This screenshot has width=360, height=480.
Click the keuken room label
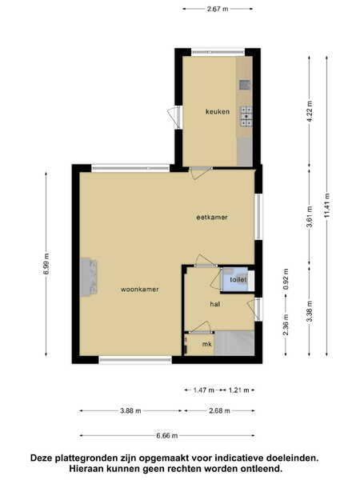[x=218, y=112]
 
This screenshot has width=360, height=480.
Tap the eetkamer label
[x=212, y=218]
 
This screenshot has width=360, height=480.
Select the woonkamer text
[x=139, y=290]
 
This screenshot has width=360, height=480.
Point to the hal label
[x=215, y=304]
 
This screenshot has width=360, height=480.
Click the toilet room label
[x=238, y=279]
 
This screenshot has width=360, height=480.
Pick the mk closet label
[x=207, y=344]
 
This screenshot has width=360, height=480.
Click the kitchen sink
[x=245, y=85]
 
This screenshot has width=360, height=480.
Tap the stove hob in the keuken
[x=246, y=117]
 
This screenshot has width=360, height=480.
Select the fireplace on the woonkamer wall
[x=89, y=277]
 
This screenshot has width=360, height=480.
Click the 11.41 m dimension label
[x=327, y=206]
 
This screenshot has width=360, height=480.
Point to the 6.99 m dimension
[x=46, y=263]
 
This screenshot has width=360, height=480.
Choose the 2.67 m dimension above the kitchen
[x=218, y=9]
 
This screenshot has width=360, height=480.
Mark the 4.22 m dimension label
[x=310, y=111]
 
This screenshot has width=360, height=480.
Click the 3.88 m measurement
[x=130, y=411]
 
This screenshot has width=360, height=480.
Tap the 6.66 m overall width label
[x=167, y=436]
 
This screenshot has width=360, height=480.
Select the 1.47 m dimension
[x=204, y=390]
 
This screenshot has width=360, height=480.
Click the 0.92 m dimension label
[x=286, y=279]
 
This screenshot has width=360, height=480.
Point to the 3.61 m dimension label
[x=310, y=217]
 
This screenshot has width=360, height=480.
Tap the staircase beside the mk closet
[x=234, y=343]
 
